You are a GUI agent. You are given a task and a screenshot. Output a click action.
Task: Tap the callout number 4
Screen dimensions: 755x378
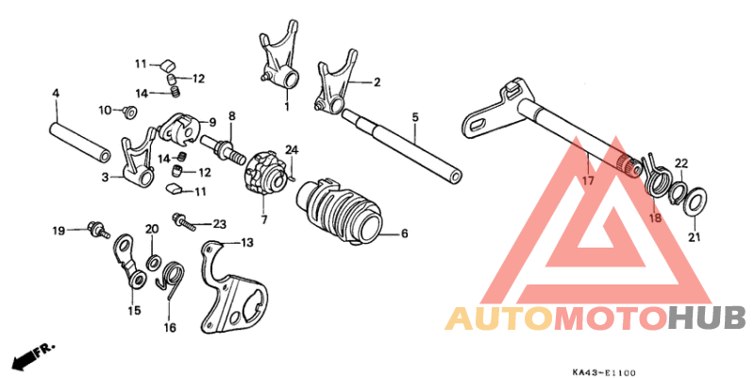tap(56, 94)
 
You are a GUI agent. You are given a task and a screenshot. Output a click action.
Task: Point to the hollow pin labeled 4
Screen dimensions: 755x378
tap(80, 144)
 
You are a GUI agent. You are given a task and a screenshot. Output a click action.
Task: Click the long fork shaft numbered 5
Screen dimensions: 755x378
tap(400, 146)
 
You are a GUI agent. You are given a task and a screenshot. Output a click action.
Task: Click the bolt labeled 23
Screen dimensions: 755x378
tap(184, 222)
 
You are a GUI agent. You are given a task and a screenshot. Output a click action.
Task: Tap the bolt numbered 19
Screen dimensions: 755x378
tap(98, 229)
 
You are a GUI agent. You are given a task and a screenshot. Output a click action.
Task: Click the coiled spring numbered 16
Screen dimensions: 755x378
tap(171, 279)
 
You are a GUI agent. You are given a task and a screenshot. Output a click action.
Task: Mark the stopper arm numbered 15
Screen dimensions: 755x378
tap(129, 262)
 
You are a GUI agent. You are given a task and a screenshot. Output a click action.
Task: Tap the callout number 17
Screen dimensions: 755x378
tap(588, 180)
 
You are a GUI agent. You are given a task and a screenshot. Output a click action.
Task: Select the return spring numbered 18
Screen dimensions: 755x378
tap(655, 179)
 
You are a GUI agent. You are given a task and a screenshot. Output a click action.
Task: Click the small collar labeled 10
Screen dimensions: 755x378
tap(129, 112)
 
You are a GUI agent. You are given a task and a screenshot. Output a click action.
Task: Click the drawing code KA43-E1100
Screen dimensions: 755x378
tap(603, 372)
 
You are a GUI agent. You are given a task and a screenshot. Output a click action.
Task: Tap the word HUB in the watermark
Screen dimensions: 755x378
tap(707, 318)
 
